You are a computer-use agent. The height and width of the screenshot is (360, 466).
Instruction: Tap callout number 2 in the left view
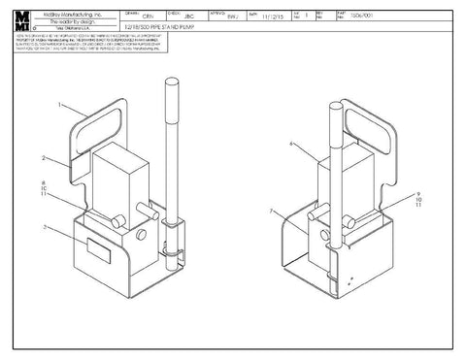click(43, 156)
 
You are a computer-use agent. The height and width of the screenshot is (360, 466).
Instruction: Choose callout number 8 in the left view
click(44, 181)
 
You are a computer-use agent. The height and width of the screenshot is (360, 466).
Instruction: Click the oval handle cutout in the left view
click(95, 127)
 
